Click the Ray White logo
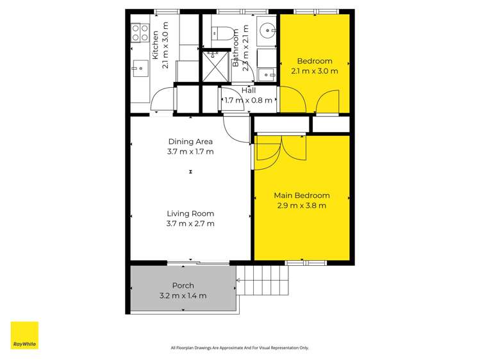tap(24, 335)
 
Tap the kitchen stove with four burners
tap(140, 33)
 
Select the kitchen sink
tap(140, 67)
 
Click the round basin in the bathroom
tap(267, 29)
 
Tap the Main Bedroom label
tap(302, 195)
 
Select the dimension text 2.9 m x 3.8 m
tap(302, 206)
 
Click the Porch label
tap(183, 286)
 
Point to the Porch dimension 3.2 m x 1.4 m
tap(183, 296)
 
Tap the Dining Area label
tap(190, 142)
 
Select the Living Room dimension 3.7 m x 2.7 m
tap(190, 224)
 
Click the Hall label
tap(249, 90)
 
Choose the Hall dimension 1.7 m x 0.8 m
tap(249, 101)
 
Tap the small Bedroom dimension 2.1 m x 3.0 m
tap(314, 71)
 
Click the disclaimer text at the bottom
tap(240, 348)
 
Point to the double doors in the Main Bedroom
tap(281, 151)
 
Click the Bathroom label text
tap(236, 47)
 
